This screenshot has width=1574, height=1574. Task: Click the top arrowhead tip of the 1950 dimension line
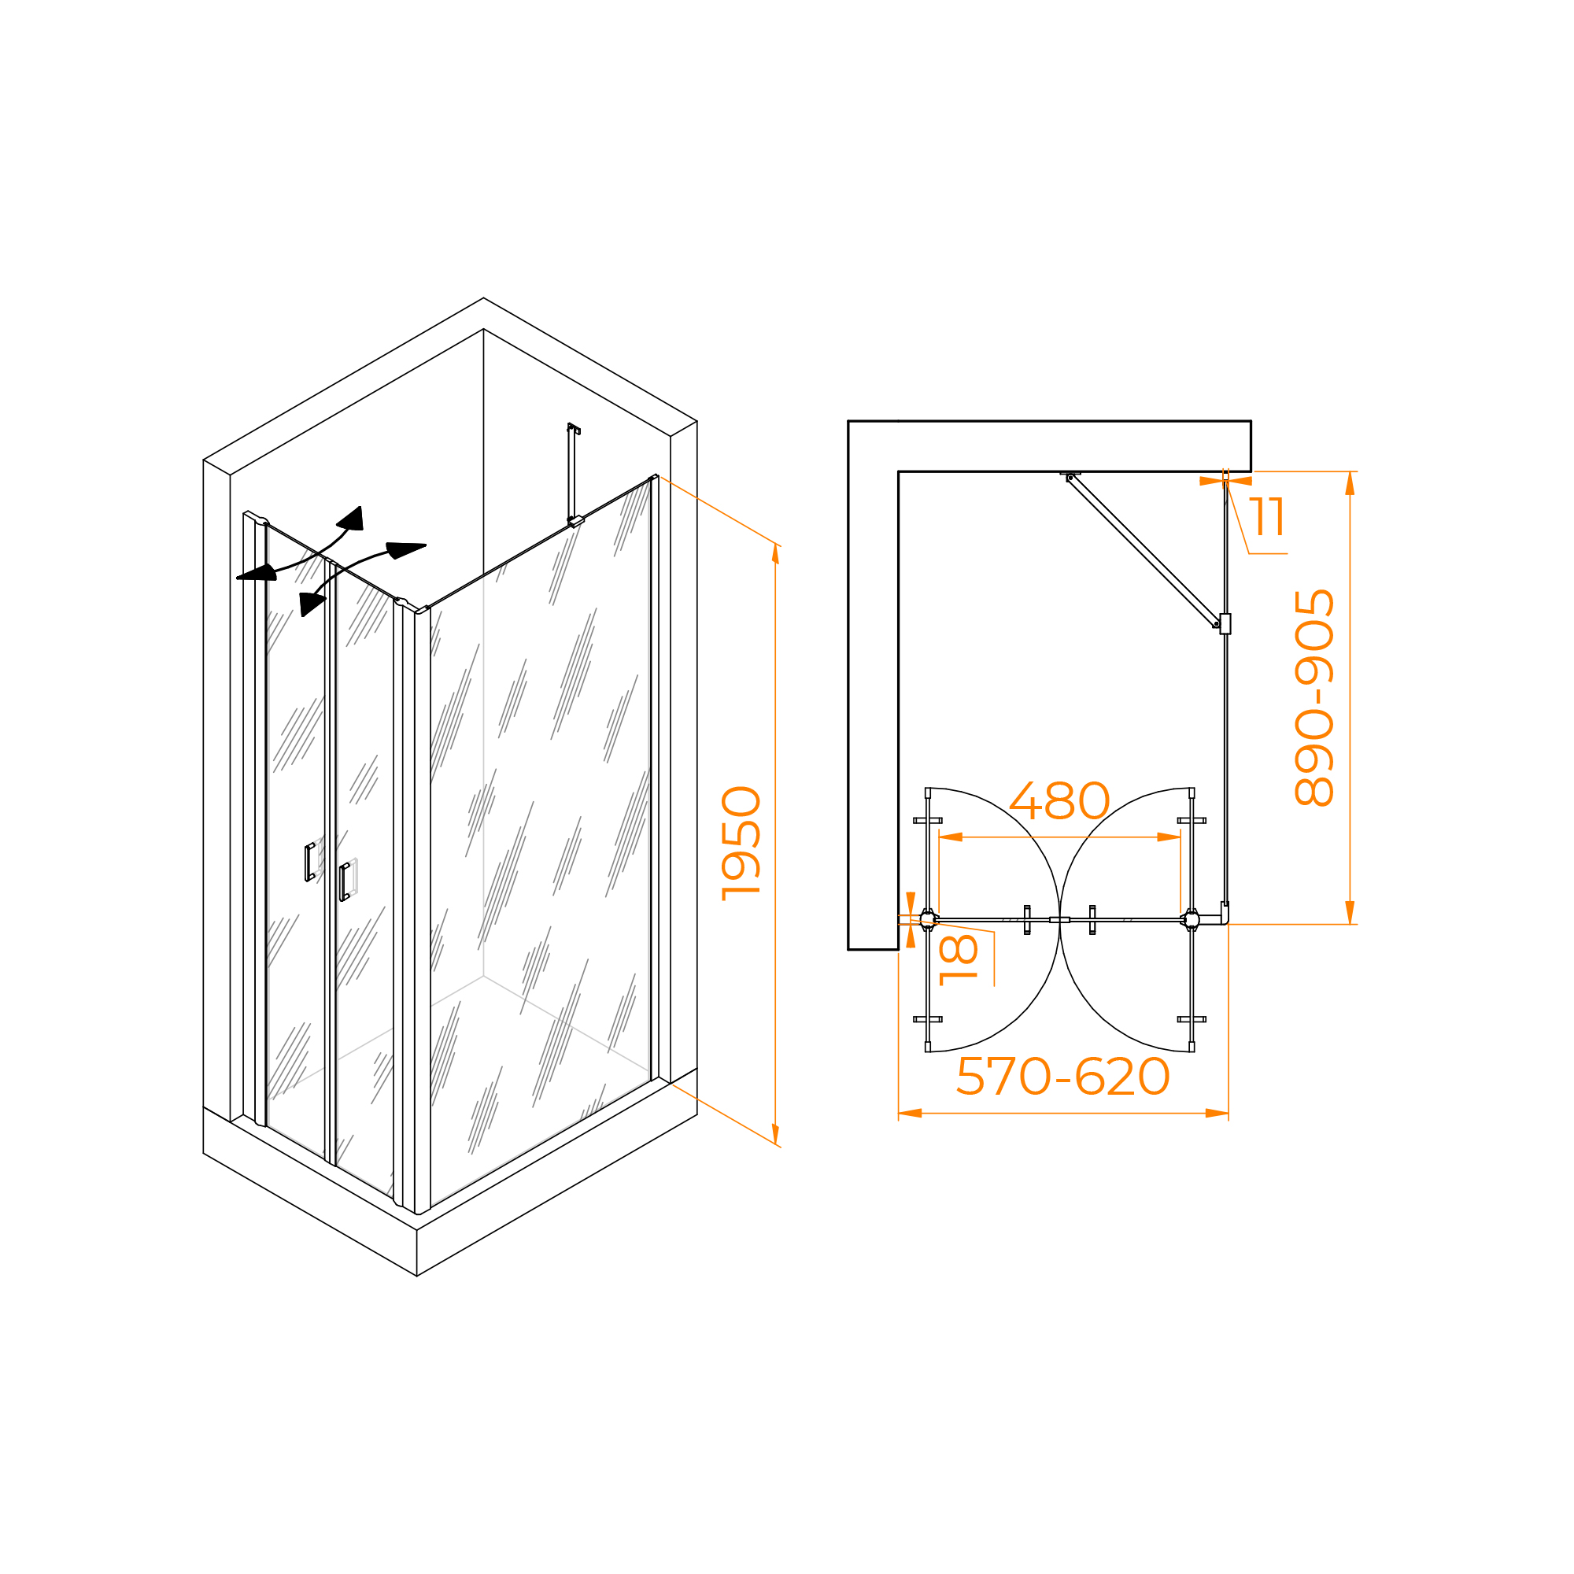click(774, 543)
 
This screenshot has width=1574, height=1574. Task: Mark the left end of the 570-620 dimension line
click(898, 1113)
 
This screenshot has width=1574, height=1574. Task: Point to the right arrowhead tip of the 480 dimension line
click(1180, 837)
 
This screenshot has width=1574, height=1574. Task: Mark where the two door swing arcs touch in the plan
click(1059, 920)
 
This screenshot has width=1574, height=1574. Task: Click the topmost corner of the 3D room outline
click(483, 298)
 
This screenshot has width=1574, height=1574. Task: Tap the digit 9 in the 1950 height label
click(741, 864)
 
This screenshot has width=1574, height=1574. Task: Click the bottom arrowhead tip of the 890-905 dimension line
click(1350, 924)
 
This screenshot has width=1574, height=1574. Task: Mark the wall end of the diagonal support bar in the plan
click(1070, 478)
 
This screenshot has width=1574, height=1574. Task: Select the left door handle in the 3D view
click(309, 862)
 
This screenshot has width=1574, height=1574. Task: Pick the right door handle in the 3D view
click(345, 881)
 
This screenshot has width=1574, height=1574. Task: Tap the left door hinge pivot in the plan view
click(928, 920)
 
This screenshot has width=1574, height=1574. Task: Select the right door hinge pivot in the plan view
click(1191, 920)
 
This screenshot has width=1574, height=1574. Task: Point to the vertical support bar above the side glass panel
click(572, 472)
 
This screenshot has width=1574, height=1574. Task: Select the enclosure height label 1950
click(741, 843)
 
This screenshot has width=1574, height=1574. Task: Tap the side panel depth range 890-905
click(1314, 697)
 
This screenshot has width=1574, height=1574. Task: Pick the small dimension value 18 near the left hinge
click(959, 959)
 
